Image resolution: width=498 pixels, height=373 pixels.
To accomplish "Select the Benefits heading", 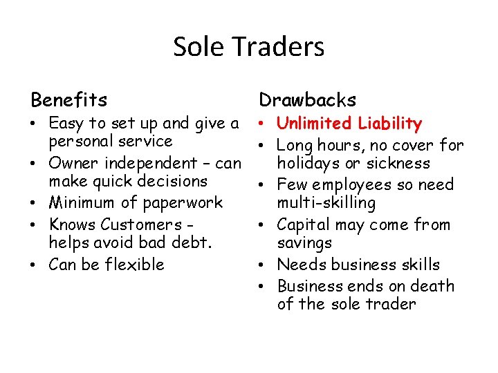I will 69,100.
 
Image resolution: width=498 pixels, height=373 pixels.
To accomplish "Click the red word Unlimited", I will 314,124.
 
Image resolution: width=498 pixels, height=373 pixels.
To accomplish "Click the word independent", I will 149,164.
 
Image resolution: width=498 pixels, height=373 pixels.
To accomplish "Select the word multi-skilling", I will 326,203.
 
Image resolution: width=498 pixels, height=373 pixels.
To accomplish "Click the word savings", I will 304,243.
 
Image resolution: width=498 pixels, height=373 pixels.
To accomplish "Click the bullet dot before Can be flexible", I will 35,265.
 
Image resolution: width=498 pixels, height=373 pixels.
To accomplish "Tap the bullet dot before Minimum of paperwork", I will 35,203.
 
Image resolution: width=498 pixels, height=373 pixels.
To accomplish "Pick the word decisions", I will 172,181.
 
